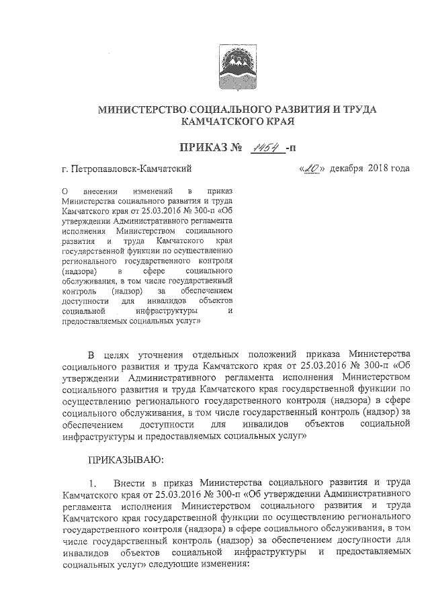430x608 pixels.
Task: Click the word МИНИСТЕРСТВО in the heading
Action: [x=142, y=110]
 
